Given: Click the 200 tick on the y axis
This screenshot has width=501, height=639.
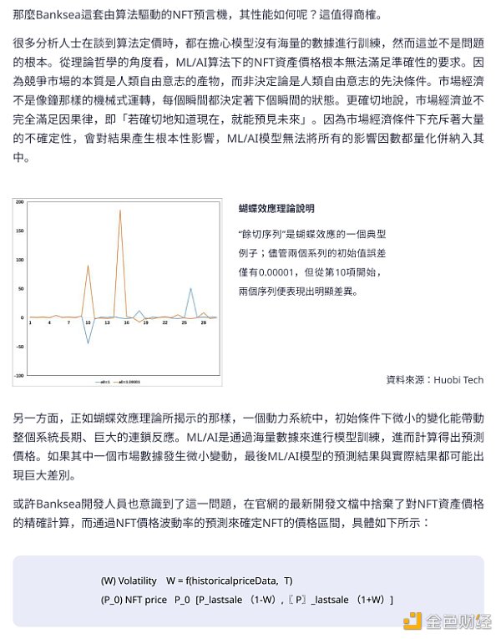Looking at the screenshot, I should coord(19,202).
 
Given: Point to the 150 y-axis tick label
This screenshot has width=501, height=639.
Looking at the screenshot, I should coord(19,231).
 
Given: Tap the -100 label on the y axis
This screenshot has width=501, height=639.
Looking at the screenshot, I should coord(18,376).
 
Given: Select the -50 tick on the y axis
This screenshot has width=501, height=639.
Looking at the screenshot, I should coord(19,347).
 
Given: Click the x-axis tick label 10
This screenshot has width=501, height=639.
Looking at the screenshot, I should coord(88,322).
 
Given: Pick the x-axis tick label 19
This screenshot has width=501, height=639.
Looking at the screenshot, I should coord(145,322).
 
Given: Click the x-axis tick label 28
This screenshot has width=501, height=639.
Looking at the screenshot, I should coord(203,322).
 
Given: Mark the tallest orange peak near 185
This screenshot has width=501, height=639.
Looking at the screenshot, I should coord(119,210).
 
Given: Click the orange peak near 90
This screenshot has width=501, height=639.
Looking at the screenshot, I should coord(88,266).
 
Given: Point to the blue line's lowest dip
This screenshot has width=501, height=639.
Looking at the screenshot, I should coord(88,342).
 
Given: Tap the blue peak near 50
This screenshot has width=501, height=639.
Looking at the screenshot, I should coord(190,289).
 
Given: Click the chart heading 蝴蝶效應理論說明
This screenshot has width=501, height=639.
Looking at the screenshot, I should coord(276,208).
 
